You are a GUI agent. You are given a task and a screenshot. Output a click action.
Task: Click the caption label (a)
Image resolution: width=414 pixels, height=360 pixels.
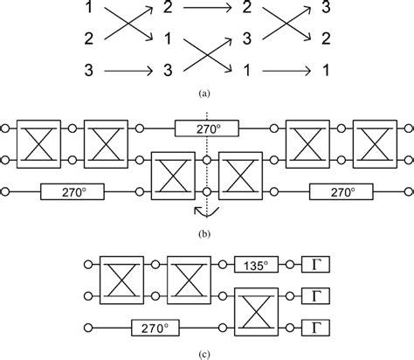pyautogui.click(x=207, y=90)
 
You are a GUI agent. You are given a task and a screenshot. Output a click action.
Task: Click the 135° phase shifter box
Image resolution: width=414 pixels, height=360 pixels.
pyautogui.click(x=258, y=262)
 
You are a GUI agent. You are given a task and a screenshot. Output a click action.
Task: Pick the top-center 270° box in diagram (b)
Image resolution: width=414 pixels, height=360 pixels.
pyautogui.click(x=207, y=129)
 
